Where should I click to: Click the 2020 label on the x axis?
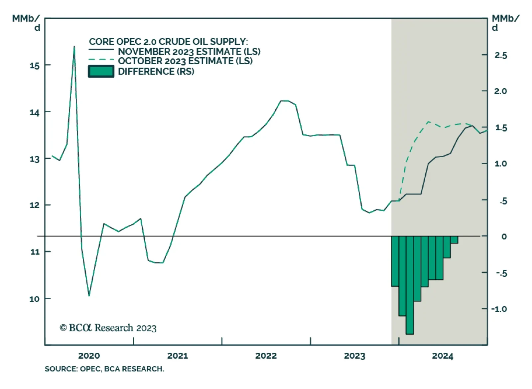pyautogui.click(x=89, y=356)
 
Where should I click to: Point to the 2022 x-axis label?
pyautogui.click(x=266, y=356)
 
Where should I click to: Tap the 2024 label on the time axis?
pyautogui.click(x=442, y=356)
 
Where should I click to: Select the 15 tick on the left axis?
pyautogui.click(x=35, y=66)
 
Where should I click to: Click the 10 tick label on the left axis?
pyautogui.click(x=35, y=299)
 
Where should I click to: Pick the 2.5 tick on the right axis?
pyautogui.click(x=501, y=55)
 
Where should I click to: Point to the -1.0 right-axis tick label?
pyautogui.click(x=499, y=309)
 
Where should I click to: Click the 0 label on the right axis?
pyautogui.click(x=504, y=236)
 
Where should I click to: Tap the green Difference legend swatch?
pyautogui.click(x=101, y=71)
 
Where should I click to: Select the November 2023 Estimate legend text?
pyautogui.click(x=189, y=52)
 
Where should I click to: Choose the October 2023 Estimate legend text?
pyautogui.click(x=185, y=61)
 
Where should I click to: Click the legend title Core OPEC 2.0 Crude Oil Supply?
pyautogui.click(x=168, y=42)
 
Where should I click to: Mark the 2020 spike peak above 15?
pyautogui.click(x=74, y=47)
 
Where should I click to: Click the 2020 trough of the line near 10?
pyautogui.click(x=89, y=295)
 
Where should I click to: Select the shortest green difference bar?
pyautogui.click(x=454, y=240)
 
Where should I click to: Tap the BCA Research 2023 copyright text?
pyautogui.click(x=108, y=328)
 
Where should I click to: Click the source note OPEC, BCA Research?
pyautogui.click(x=104, y=369)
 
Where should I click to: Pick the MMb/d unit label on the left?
pyautogui.click(x=27, y=23)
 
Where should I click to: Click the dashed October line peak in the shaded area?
pyautogui.click(x=428, y=122)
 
